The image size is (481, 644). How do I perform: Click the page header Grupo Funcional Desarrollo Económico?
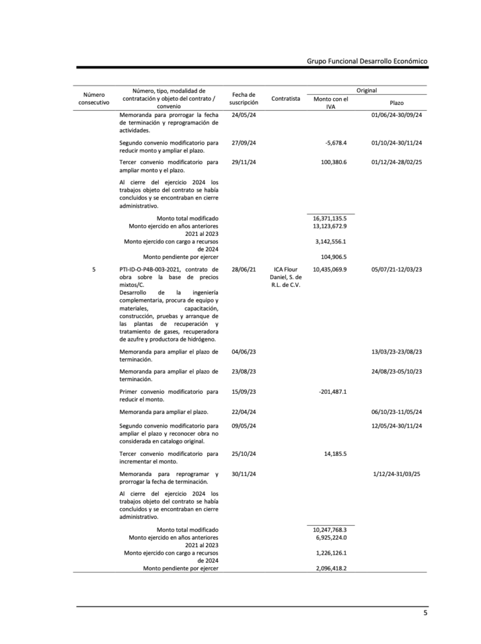coord(367,61)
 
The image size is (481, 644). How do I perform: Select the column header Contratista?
coord(285,99)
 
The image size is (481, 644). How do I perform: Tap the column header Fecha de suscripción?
coord(244,98)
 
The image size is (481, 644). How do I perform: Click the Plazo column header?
coord(397,103)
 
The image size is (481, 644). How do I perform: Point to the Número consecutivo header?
coord(94,98)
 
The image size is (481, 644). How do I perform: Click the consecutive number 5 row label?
coord(94,269)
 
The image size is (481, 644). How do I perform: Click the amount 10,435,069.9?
coord(329,269)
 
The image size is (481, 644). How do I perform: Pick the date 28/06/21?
coord(243,269)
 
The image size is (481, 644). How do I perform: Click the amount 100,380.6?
coord(333,162)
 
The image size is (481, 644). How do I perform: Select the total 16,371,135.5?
coord(329,218)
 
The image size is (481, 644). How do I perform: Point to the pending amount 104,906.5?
coord(333,257)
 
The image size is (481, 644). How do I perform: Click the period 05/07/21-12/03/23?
coord(397,269)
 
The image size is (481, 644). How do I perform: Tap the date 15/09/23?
coord(243,392)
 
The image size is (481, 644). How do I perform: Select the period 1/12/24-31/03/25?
coord(397,474)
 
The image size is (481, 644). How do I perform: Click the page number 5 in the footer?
coord(425,614)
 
